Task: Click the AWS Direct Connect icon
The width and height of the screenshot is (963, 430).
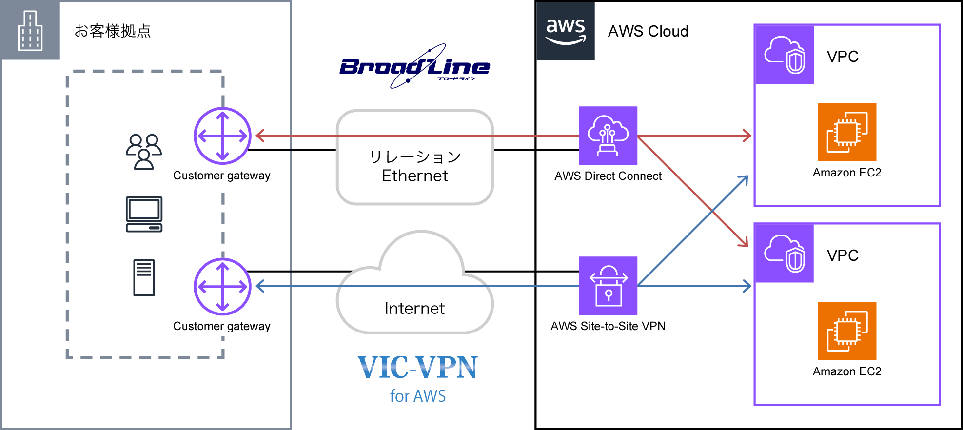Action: (608, 136)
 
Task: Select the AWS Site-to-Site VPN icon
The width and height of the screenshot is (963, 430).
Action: (608, 286)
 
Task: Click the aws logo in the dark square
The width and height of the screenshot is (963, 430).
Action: (565, 31)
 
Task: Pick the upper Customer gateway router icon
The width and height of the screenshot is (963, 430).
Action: (222, 136)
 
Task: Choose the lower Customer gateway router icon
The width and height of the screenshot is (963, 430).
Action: (222, 286)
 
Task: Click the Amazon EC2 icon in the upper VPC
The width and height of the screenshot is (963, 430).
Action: (847, 132)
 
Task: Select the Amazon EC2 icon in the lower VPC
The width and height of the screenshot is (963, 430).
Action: (847, 331)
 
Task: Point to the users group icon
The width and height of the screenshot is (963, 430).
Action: (143, 152)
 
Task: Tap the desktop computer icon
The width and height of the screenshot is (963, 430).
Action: (144, 214)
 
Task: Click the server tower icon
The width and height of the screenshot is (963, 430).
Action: (144, 277)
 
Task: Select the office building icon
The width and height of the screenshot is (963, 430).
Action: (30, 31)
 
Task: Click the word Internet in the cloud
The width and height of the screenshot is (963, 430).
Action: (414, 308)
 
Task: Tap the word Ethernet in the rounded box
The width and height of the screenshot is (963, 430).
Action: (414, 176)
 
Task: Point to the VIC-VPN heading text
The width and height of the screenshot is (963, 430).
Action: (417, 368)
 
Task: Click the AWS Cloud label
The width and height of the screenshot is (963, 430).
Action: (648, 31)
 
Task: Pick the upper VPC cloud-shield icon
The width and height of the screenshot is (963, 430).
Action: (784, 55)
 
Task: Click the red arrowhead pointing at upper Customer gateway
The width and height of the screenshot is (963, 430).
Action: (260, 136)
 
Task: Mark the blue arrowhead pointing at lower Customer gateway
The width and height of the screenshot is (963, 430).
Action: (260, 286)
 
